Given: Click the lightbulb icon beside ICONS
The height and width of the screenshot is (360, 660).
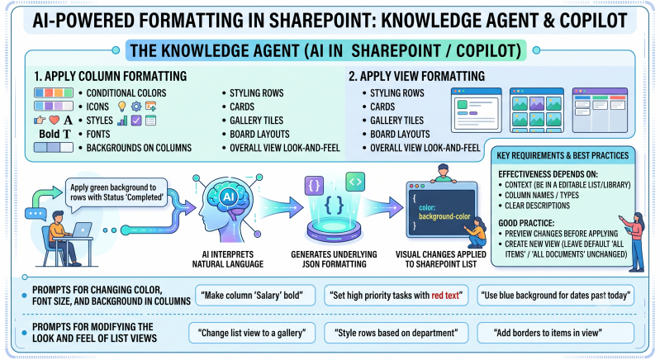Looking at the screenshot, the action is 122,107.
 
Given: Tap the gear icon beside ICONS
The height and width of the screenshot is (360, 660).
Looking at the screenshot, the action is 136,107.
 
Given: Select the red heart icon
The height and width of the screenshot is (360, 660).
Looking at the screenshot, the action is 55,121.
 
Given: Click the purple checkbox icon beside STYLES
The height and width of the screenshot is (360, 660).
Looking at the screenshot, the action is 136,121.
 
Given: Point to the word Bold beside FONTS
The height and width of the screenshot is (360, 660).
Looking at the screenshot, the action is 50,134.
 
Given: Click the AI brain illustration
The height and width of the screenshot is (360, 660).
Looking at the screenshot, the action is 228,206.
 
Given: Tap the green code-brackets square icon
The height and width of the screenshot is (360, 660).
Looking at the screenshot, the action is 355,182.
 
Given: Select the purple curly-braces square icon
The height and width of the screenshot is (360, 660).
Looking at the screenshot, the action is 314,186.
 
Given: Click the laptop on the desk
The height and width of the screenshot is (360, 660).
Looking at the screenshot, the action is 82,230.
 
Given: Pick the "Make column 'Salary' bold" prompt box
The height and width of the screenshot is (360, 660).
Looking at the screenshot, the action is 255,296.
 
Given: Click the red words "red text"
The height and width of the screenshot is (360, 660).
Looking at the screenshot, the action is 445,296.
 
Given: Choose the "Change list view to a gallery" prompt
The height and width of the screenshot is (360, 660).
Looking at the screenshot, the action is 252,333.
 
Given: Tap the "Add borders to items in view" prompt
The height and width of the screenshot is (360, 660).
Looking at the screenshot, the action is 556,333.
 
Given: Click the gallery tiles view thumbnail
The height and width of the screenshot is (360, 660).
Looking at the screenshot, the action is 537,110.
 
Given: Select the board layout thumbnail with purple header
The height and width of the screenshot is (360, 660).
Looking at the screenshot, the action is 600,110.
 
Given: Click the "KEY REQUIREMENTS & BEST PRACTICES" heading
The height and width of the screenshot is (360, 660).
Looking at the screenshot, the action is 563,155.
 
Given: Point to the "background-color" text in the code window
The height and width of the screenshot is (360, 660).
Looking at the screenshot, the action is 444,216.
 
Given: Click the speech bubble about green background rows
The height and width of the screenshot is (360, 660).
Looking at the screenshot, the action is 116,192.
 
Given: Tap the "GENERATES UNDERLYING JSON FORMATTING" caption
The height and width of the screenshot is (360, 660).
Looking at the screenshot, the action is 334,259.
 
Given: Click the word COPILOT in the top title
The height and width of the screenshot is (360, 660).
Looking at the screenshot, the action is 593,20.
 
